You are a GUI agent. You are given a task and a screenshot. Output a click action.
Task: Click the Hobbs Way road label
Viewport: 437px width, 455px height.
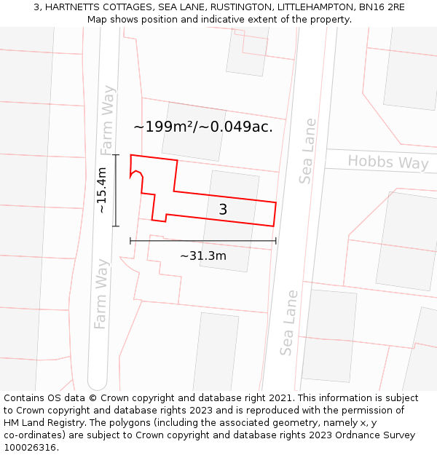pos(387,162)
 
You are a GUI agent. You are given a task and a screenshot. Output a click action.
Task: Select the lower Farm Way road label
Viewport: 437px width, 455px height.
pos(101,293)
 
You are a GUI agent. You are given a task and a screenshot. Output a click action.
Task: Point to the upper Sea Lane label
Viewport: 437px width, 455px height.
pos(307,151)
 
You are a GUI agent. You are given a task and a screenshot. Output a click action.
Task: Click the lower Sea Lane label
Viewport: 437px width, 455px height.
pos(289,323)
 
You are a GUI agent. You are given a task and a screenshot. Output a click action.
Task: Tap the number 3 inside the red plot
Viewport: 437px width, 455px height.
pos(223,210)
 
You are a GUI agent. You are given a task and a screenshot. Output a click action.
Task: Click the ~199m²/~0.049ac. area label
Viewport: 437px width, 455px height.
pos(203,127)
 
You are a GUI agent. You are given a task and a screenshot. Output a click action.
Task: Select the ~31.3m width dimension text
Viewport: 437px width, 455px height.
pos(202,256)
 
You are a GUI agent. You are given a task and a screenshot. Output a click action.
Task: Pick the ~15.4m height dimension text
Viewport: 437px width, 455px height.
pos(102,190)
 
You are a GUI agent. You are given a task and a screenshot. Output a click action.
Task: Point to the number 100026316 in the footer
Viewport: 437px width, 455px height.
pos(31,448)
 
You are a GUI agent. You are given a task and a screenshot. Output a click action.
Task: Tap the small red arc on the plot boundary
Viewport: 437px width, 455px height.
pos(137,175)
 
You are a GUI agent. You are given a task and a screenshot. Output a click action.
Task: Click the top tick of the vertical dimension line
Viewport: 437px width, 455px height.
pos(116,155)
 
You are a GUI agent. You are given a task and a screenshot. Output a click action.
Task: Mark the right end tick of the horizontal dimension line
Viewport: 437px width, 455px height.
pos(276,240)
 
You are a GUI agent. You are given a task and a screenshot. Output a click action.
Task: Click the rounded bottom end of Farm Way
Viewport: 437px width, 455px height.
pos(98,384)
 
